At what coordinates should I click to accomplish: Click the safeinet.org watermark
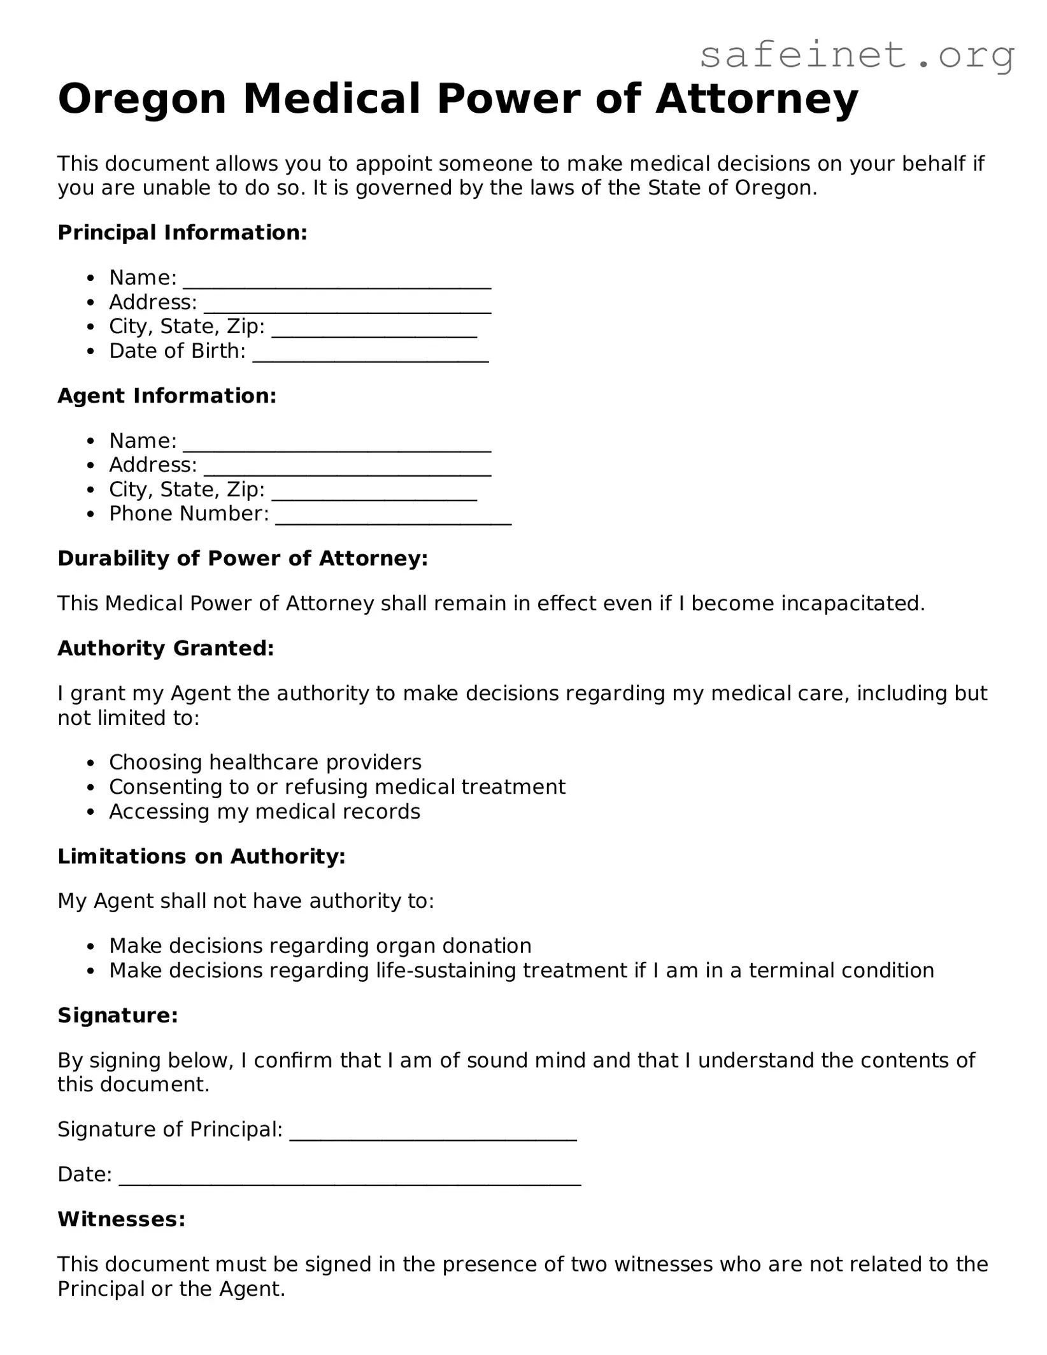(857, 55)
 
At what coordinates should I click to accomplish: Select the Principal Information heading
(182, 233)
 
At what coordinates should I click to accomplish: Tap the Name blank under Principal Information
(337, 281)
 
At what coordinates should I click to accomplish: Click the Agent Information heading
(167, 396)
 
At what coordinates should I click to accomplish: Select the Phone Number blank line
(393, 517)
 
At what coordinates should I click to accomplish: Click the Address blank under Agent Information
(347, 468)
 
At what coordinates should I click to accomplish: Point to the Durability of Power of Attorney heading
(242, 558)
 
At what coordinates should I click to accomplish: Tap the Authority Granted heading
(166, 648)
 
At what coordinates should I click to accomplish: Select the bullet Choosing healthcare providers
(265, 762)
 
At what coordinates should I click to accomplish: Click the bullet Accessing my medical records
(264, 811)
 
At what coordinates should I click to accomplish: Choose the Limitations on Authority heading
(201, 856)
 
